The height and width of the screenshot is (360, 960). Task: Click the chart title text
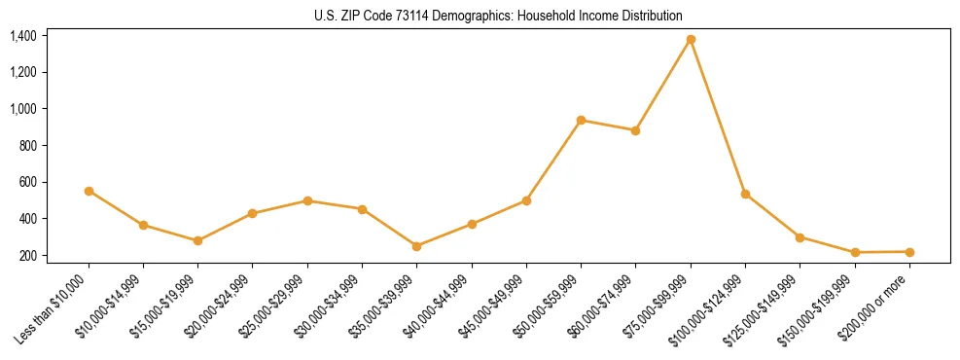pos(498,17)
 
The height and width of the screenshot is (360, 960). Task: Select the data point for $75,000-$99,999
pos(691,40)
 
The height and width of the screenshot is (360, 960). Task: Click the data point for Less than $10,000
pos(89,191)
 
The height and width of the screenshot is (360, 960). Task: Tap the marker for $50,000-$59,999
pos(581,121)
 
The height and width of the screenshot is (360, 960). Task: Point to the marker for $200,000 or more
pos(909,252)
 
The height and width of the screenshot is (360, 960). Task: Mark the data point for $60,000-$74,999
pos(636,130)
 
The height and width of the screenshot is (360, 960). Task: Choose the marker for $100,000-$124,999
pos(745,195)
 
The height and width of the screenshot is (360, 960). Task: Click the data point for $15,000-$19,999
pos(198,240)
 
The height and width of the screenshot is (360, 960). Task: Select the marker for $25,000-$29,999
pos(307,200)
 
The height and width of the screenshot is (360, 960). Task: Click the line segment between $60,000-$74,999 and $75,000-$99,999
pos(663,86)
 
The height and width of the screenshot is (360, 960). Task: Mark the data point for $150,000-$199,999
pos(855,253)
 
